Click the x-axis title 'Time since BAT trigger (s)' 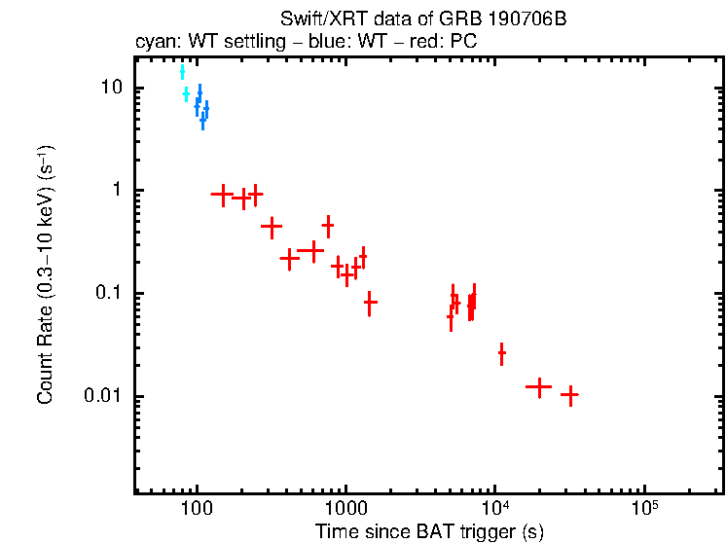pos(428,530)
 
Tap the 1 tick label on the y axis pos(114,191)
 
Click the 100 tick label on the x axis pos(197,510)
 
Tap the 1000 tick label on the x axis pos(345,510)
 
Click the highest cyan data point pos(182,72)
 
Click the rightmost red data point pos(569,395)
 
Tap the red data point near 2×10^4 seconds pos(538,386)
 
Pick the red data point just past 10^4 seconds pos(501,354)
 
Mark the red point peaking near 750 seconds pos(328,226)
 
